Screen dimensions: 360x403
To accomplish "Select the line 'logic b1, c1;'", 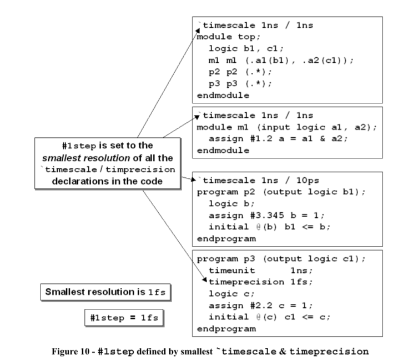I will [239, 49].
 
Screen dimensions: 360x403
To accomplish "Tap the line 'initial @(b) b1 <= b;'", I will [260, 227].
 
